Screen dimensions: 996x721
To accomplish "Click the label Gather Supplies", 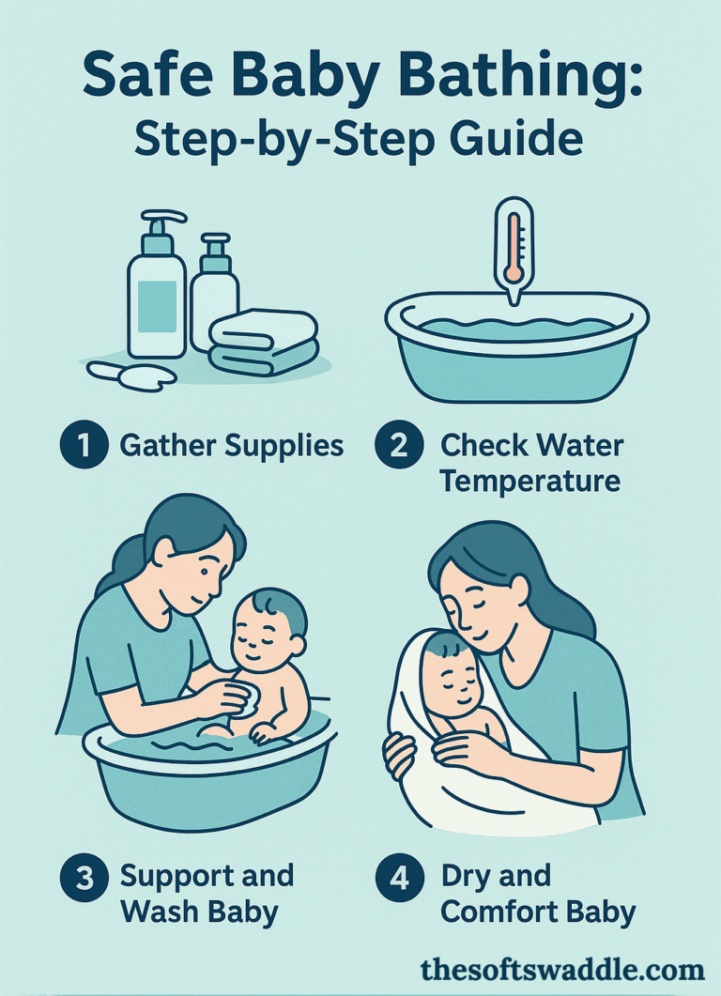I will pyautogui.click(x=232, y=445).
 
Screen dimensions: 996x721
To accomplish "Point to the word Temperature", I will pyautogui.click(x=530, y=481).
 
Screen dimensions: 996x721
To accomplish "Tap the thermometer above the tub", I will pyautogui.click(x=513, y=246).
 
